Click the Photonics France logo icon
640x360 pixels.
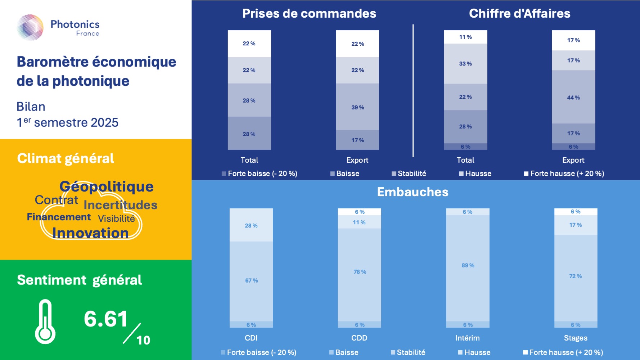point(30,27)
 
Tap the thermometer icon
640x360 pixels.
point(45,321)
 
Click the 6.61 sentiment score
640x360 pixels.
point(106,319)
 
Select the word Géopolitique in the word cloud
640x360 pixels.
point(107,186)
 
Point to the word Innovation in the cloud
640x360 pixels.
point(90,233)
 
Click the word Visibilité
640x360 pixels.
point(116,219)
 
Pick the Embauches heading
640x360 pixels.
point(413,192)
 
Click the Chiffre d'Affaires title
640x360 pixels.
point(519,14)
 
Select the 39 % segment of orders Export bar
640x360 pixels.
point(357,107)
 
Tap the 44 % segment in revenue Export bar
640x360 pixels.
point(573,97)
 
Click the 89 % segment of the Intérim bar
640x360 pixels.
point(468,265)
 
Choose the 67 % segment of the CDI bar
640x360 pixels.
point(251,280)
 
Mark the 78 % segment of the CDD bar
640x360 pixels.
point(360,272)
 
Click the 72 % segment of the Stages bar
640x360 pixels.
point(576,276)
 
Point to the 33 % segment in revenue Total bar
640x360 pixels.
point(465,64)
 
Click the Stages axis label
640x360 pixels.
point(576,338)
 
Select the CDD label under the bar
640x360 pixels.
point(359,338)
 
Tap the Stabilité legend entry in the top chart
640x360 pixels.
point(409,174)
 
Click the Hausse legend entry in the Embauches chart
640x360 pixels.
point(474,352)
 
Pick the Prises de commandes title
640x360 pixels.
point(309,14)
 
